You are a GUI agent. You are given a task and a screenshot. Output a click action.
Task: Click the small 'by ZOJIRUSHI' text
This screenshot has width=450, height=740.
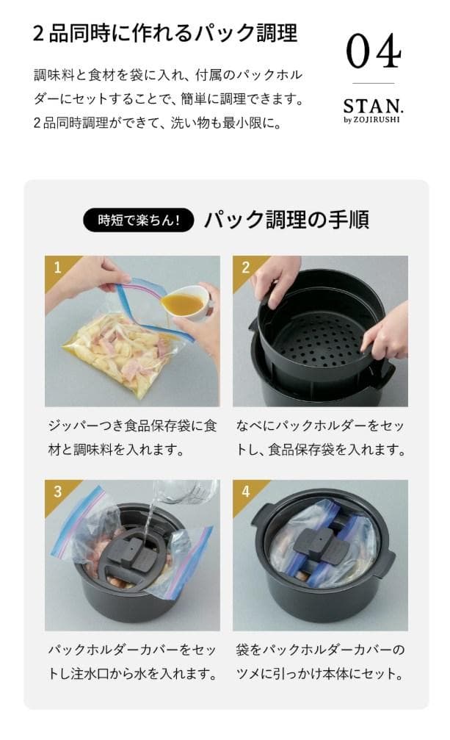pyautogui.click(x=373, y=121)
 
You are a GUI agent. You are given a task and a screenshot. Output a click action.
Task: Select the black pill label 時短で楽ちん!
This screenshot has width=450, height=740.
pyautogui.click(x=139, y=220)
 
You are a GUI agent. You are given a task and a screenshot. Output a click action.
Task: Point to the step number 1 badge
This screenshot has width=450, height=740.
pyautogui.click(x=56, y=267)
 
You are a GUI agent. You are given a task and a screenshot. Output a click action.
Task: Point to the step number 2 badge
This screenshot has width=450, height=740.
pyautogui.click(x=244, y=267)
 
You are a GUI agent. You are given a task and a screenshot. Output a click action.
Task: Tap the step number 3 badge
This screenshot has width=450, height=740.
pyautogui.click(x=56, y=491)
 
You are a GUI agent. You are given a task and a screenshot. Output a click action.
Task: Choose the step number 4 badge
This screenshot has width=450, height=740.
pyautogui.click(x=244, y=491)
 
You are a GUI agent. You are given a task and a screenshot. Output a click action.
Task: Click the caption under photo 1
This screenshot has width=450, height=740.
pyautogui.click(x=132, y=437)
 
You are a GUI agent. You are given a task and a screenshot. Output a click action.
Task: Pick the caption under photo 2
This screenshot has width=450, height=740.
pyautogui.click(x=320, y=437)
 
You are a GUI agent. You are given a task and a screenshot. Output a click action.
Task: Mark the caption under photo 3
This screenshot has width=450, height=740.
pyautogui.click(x=132, y=661)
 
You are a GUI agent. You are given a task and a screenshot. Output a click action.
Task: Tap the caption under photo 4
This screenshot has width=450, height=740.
pyautogui.click(x=320, y=661)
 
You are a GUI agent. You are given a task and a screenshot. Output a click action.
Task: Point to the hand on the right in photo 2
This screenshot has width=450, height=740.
pyautogui.click(x=385, y=331)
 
